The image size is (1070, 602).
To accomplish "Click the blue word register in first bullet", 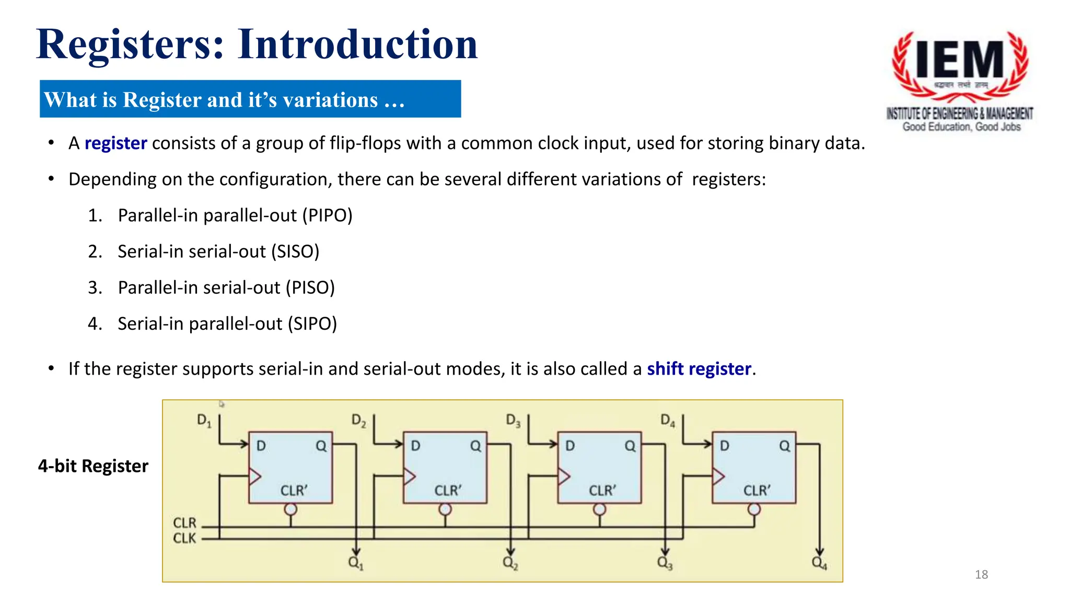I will click(115, 143).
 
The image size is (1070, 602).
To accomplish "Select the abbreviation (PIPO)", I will click(328, 215).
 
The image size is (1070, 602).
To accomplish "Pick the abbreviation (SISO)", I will click(295, 251).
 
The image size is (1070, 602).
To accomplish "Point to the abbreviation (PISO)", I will click(310, 287).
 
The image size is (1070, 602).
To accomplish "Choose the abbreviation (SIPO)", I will click(312, 323).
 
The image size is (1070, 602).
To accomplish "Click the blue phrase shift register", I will click(699, 369).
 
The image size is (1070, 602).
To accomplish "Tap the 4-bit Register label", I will click(93, 466).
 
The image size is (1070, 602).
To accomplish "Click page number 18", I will click(981, 574).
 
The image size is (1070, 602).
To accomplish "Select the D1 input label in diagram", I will click(204, 420).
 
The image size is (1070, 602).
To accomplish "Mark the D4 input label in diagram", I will click(667, 420).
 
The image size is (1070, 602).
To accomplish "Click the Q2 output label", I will click(510, 563).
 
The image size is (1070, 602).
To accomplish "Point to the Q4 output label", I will click(819, 563).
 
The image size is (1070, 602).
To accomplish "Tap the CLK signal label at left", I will click(184, 538).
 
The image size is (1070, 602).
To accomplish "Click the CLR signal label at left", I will click(184, 523).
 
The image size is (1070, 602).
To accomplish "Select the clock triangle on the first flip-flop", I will click(255, 476).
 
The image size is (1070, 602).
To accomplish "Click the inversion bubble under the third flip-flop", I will click(599, 509).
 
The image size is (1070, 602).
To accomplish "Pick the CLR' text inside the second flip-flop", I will click(448, 491).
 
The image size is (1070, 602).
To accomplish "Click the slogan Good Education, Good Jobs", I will click(961, 126).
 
